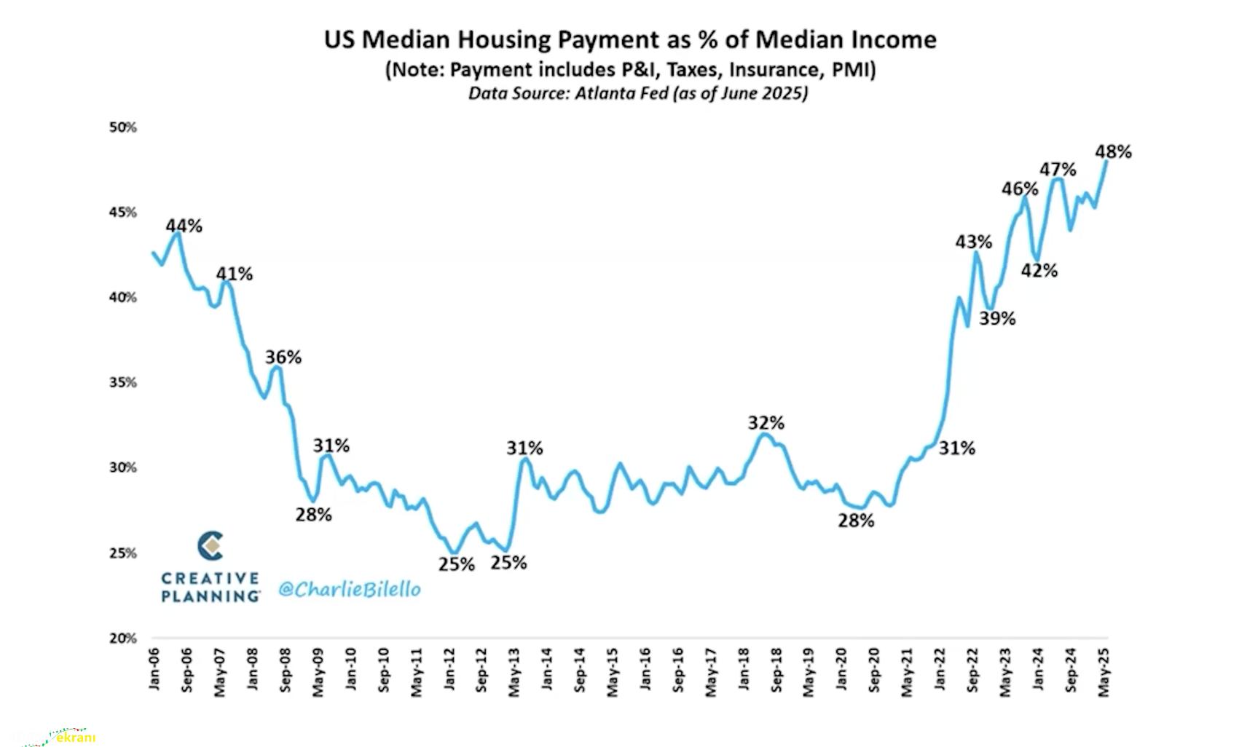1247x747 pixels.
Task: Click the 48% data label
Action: click(1113, 151)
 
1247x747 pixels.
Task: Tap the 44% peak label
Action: click(184, 226)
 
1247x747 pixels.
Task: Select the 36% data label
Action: click(283, 357)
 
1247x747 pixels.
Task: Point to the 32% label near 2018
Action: click(766, 422)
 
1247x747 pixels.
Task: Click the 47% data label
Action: click(1057, 170)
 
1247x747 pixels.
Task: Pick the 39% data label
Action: click(996, 318)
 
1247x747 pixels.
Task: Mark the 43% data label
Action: click(973, 241)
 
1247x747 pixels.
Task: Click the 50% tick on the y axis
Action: click(122, 127)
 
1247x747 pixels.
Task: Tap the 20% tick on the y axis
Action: click(122, 639)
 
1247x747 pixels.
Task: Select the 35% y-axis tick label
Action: click(122, 383)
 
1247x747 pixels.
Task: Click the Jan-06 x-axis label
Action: click(154, 669)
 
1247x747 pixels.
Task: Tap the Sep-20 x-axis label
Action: click(874, 670)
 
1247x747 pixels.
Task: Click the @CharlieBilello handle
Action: click(350, 589)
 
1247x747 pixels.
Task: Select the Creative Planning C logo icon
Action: click(211, 546)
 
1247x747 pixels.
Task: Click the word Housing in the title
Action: click(479, 39)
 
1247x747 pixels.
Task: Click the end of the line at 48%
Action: click(1106, 162)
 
